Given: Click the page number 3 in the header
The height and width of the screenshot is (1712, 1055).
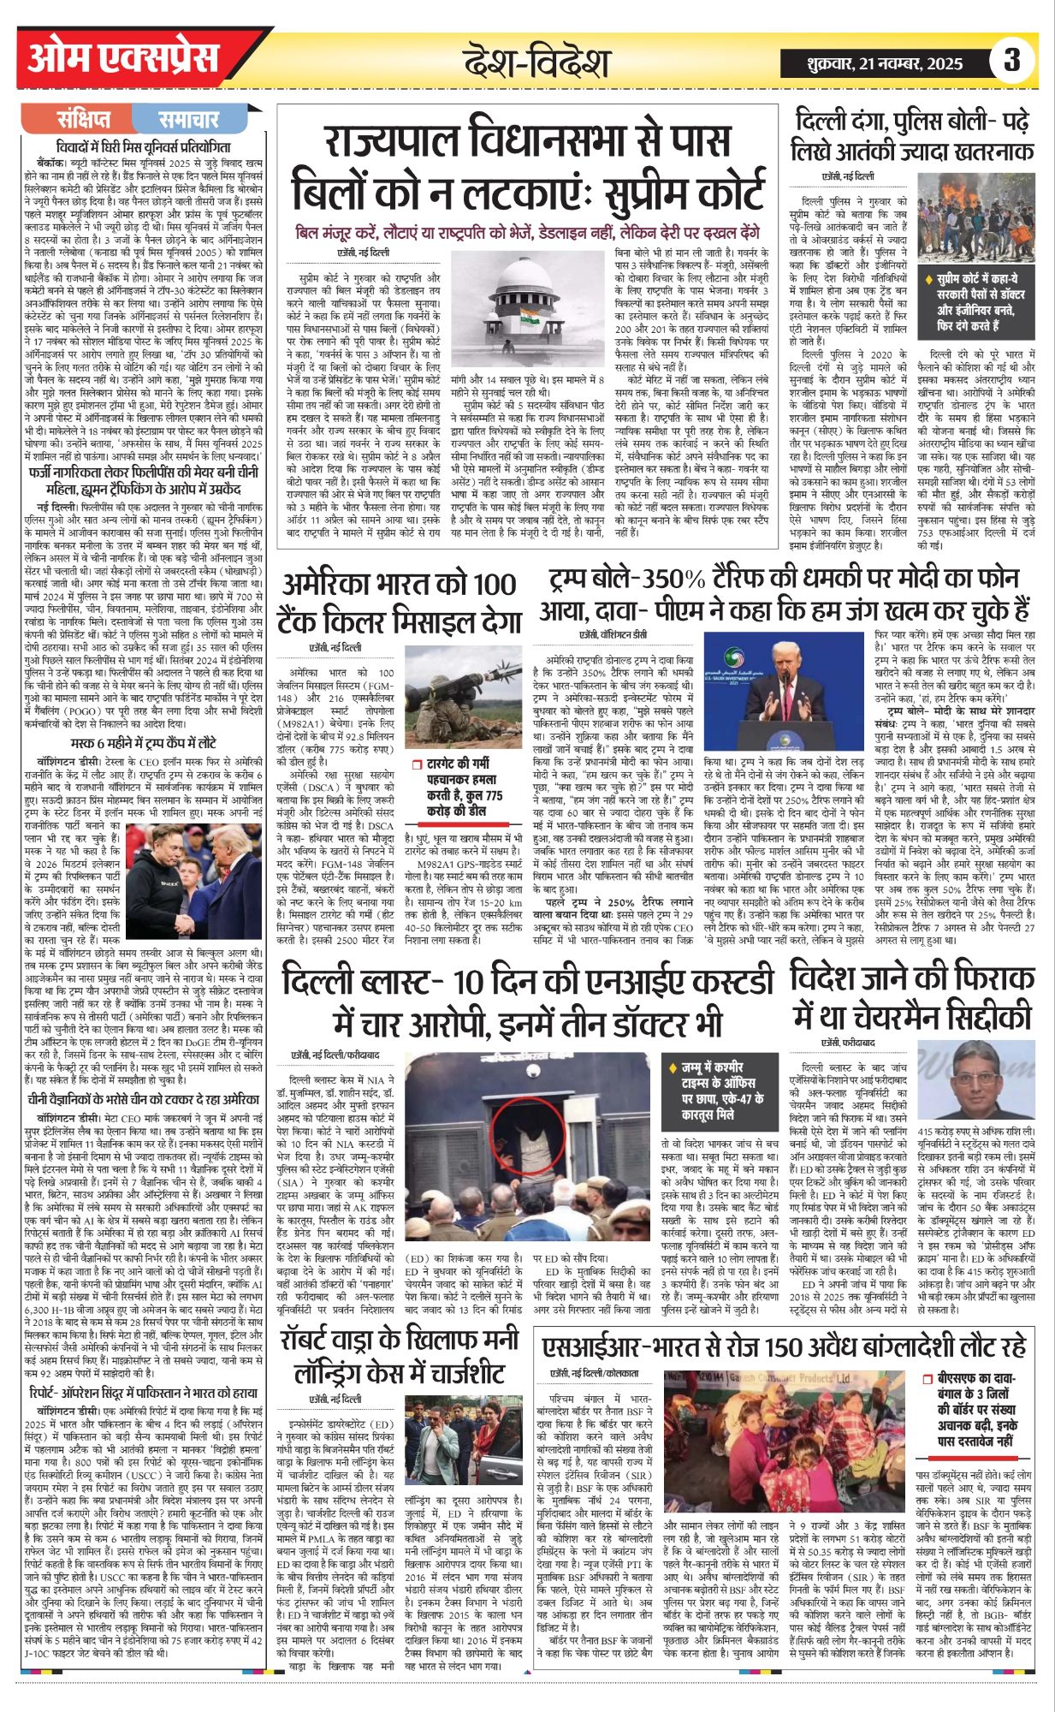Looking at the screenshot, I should [x=1011, y=62].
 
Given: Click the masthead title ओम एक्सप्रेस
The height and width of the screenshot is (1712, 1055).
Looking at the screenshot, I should [x=123, y=60].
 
